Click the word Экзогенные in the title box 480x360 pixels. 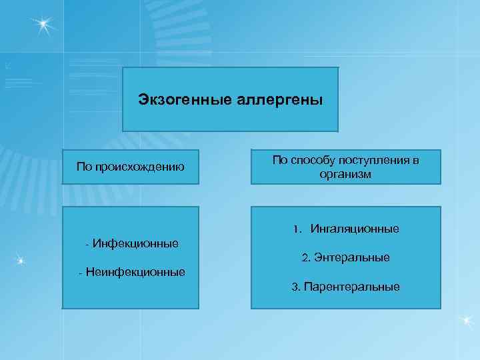(176, 100)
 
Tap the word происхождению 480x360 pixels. (140, 166)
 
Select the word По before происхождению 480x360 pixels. (85, 166)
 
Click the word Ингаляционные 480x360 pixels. (354, 229)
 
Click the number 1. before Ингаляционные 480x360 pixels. (297, 229)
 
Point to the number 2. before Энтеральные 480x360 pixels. (306, 257)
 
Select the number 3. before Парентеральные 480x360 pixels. (295, 287)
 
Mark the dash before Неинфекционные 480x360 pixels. (80, 272)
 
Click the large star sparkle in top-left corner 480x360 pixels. (43, 26)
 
